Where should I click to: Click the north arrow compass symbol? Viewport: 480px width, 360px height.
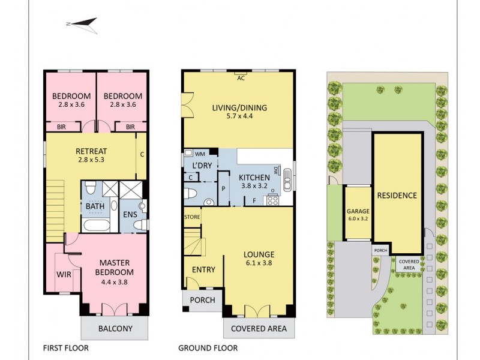point(82,24)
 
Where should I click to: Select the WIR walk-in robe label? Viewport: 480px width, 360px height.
point(64,275)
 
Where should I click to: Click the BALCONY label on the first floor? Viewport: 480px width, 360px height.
point(115,328)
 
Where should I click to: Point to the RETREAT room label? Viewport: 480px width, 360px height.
point(91,151)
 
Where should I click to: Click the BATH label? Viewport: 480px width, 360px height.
point(95,206)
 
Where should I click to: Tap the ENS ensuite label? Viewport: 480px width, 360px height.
point(130,214)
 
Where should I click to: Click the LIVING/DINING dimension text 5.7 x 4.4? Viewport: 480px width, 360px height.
point(239,118)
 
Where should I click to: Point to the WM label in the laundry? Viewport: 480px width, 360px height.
point(200,154)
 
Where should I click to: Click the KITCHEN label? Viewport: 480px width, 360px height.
point(254,178)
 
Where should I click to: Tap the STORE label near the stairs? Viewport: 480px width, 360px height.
point(192,217)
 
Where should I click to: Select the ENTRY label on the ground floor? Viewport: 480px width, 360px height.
point(203,270)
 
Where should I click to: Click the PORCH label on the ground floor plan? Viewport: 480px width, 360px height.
point(202,300)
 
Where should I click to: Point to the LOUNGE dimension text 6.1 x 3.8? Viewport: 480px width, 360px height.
point(260,263)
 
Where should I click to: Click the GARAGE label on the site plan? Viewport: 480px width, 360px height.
point(358,211)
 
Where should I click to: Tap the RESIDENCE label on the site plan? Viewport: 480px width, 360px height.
point(397,196)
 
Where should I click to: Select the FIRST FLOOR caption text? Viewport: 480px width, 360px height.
point(66,348)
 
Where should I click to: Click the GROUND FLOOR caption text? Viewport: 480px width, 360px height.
point(208,348)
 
